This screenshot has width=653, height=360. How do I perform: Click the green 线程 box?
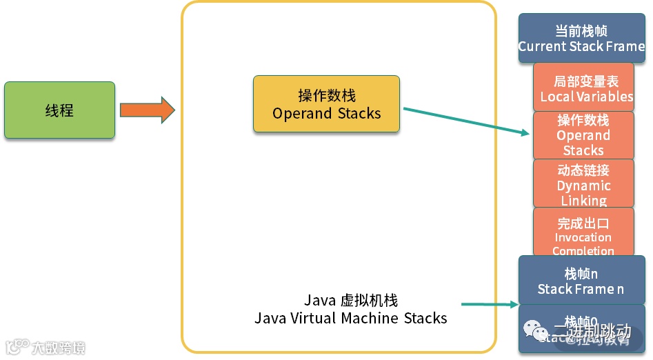click(x=59, y=110)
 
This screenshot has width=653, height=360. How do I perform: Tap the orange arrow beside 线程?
click(x=147, y=110)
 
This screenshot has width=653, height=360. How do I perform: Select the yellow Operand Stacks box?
click(x=326, y=104)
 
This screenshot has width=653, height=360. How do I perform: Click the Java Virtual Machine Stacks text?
click(x=350, y=318)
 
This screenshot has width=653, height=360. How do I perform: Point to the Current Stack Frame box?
click(x=581, y=39)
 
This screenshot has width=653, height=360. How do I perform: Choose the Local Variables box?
click(x=583, y=88)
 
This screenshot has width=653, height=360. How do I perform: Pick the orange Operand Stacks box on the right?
click(x=583, y=135)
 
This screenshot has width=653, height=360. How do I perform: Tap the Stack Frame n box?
click(x=581, y=281)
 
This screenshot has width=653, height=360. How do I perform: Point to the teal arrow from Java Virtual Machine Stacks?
click(x=489, y=303)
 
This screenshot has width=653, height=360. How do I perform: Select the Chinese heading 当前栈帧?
click(x=581, y=31)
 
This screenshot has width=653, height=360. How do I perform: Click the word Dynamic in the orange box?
click(x=583, y=186)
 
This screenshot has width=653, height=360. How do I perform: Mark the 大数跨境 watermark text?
click(x=58, y=347)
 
